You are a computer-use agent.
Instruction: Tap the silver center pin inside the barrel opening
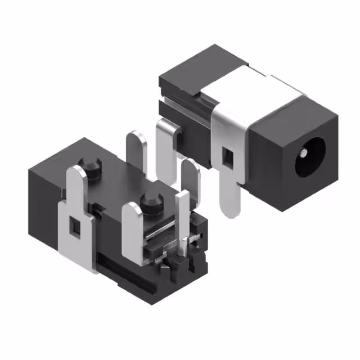coord(304,152)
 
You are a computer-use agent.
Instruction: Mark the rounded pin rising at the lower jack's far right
coord(191,180)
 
